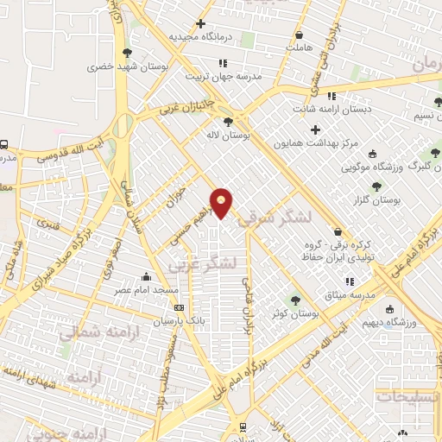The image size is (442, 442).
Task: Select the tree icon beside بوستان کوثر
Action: tap(296, 300)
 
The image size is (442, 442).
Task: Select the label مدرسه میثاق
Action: tap(349, 295)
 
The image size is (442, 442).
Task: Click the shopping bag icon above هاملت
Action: tap(299, 36)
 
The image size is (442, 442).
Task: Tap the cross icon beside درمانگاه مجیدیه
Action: tap(201, 23)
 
